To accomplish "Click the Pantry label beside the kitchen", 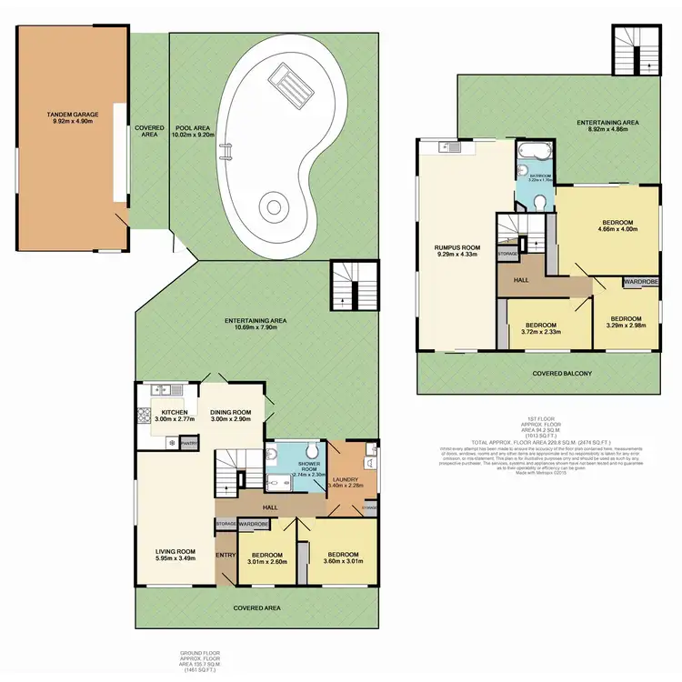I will click(x=188, y=443).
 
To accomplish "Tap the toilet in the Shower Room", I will click(x=311, y=450).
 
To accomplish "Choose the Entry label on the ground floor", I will click(x=225, y=555).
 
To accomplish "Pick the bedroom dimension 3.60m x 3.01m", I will click(x=342, y=562).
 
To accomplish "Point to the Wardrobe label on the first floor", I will click(x=641, y=283).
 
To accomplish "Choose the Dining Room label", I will click(x=230, y=413).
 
